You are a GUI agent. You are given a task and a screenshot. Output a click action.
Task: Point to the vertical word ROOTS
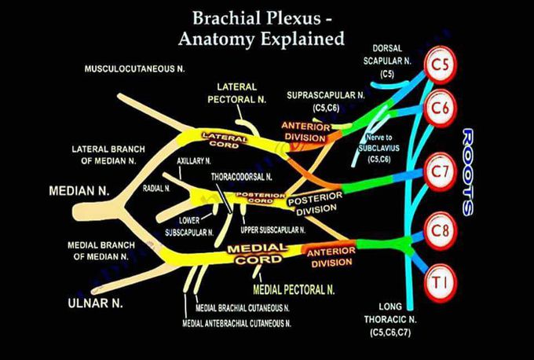[x=467, y=171]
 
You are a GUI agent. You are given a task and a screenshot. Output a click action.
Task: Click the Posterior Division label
[x=312, y=205]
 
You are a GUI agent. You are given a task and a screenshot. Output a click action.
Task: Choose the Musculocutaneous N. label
[x=134, y=70]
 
